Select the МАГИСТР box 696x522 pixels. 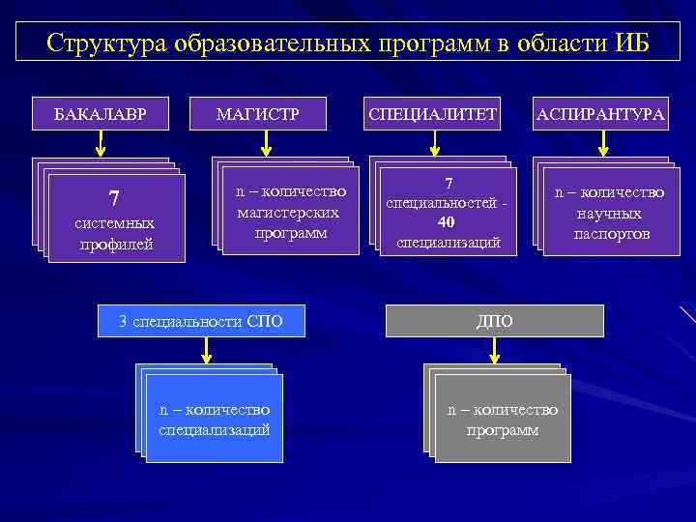[x=258, y=115]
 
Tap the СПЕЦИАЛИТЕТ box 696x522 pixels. [x=432, y=115]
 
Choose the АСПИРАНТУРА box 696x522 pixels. [x=601, y=115]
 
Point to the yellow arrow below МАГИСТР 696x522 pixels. [x=268, y=144]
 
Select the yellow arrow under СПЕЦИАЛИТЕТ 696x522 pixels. [x=435, y=144]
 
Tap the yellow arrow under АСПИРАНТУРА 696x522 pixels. [x=603, y=144]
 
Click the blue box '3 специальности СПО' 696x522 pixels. [x=201, y=321]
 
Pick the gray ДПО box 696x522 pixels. [x=495, y=321]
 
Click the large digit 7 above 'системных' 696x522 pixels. [x=114, y=199]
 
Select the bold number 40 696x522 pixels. [x=447, y=221]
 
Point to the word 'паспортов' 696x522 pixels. [x=611, y=235]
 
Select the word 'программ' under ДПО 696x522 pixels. [x=503, y=429]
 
